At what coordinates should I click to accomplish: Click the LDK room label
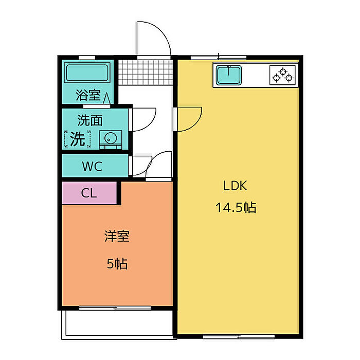pyautogui.click(x=235, y=186)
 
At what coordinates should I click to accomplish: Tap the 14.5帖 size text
pyautogui.click(x=236, y=207)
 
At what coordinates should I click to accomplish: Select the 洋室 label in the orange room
pyautogui.click(x=117, y=236)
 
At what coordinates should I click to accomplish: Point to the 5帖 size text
pyautogui.click(x=117, y=263)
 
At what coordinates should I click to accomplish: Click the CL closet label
pyautogui.click(x=89, y=193)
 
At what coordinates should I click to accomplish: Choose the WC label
pyautogui.click(x=92, y=166)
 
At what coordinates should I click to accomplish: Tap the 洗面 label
pyautogui.click(x=90, y=120)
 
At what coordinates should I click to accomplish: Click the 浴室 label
pyautogui.click(x=88, y=95)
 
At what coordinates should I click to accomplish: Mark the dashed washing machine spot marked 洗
pyautogui.click(x=77, y=139)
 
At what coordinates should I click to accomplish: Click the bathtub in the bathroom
pyautogui.click(x=87, y=73)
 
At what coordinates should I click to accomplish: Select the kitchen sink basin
pyautogui.click(x=229, y=75)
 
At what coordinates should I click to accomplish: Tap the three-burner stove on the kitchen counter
pyautogui.click(x=283, y=75)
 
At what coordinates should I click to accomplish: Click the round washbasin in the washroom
pyautogui.click(x=111, y=138)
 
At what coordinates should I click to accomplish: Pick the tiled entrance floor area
pyautogui.click(x=146, y=73)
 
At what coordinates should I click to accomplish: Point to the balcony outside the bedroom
pyautogui.click(x=117, y=323)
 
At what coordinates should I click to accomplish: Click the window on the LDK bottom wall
pyautogui.click(x=239, y=336)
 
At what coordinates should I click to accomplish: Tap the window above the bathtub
pyautogui.click(x=87, y=58)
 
